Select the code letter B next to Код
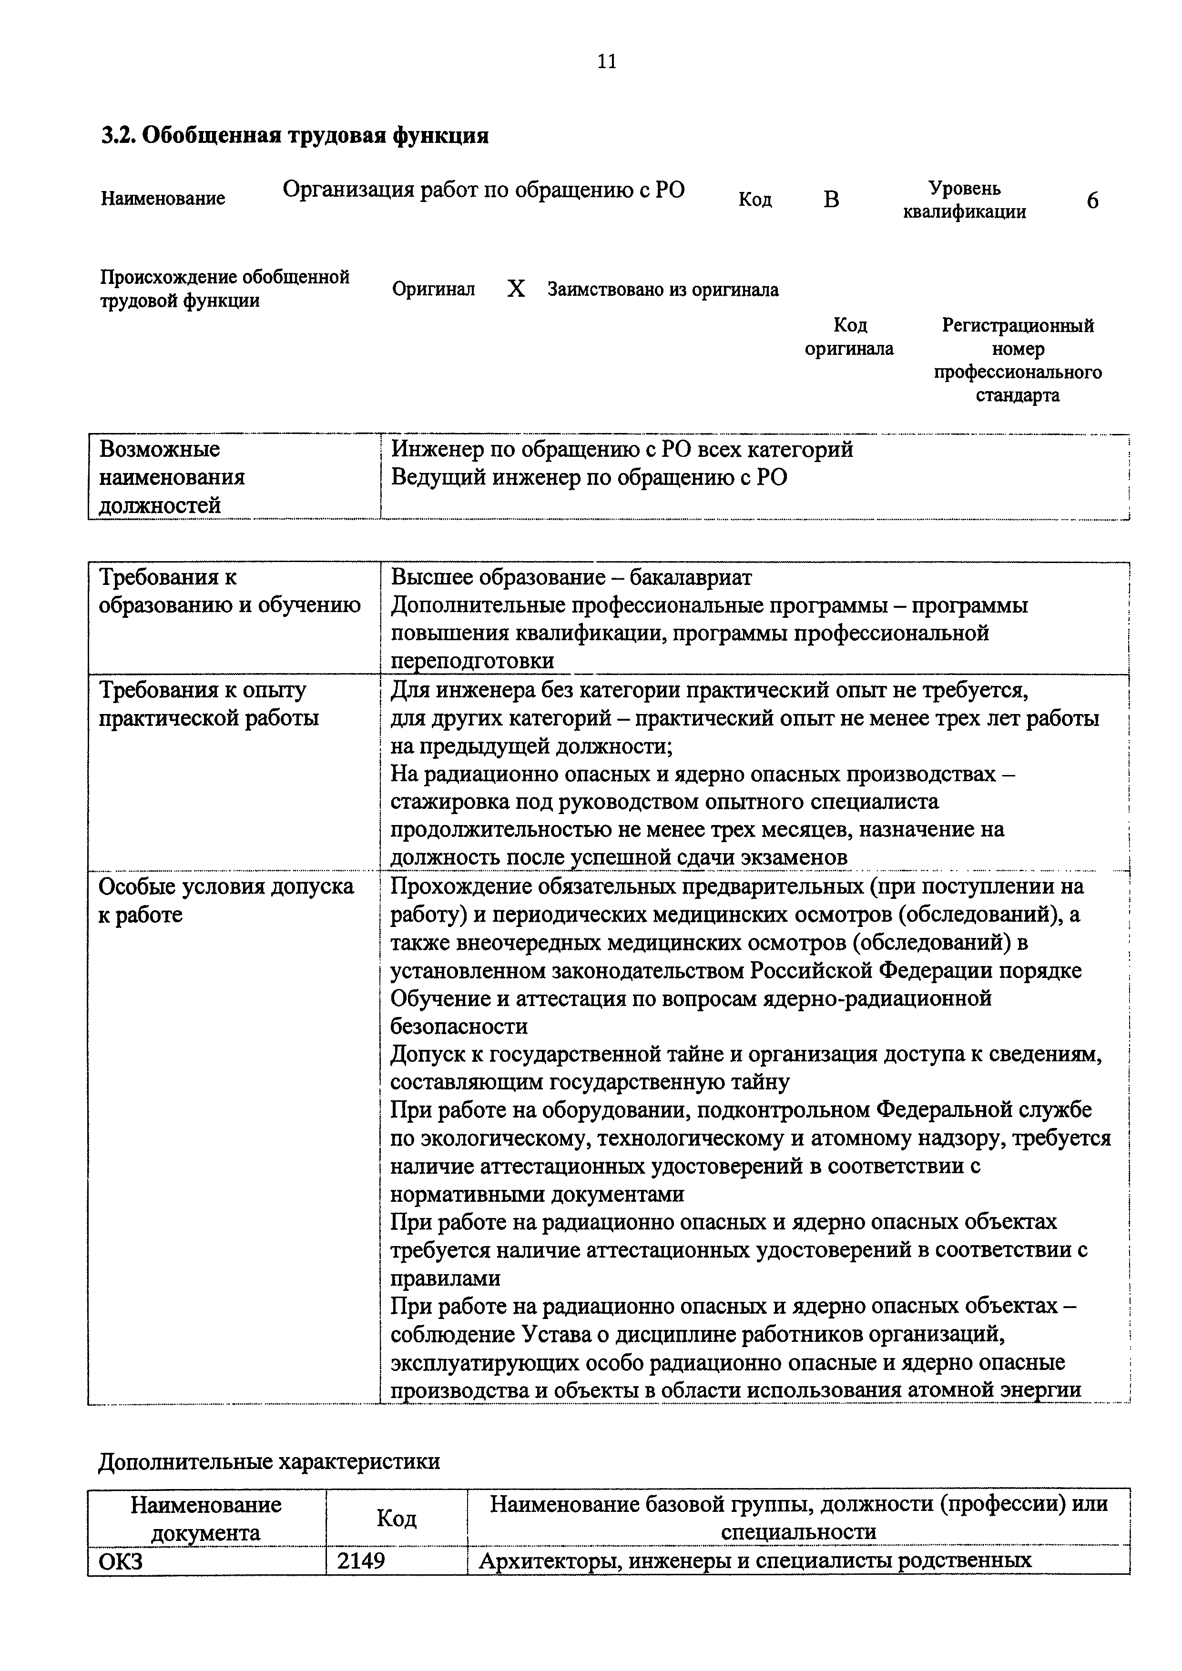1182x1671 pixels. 831,200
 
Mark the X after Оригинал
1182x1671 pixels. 516,290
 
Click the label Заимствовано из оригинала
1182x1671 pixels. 663,290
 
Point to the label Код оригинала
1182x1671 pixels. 849,336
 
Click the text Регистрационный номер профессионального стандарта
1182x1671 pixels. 1018,360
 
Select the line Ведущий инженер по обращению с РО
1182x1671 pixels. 589,478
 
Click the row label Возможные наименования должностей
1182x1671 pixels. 172,477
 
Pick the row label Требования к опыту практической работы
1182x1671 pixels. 208,704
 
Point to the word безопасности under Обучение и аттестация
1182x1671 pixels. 459,1026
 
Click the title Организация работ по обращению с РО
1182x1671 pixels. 484,190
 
